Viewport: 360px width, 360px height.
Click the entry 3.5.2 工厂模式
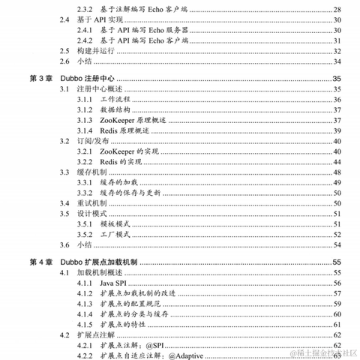pos(120,233)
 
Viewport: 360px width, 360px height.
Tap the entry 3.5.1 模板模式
pos(120,223)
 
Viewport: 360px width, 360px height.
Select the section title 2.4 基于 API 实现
pos(101,19)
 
